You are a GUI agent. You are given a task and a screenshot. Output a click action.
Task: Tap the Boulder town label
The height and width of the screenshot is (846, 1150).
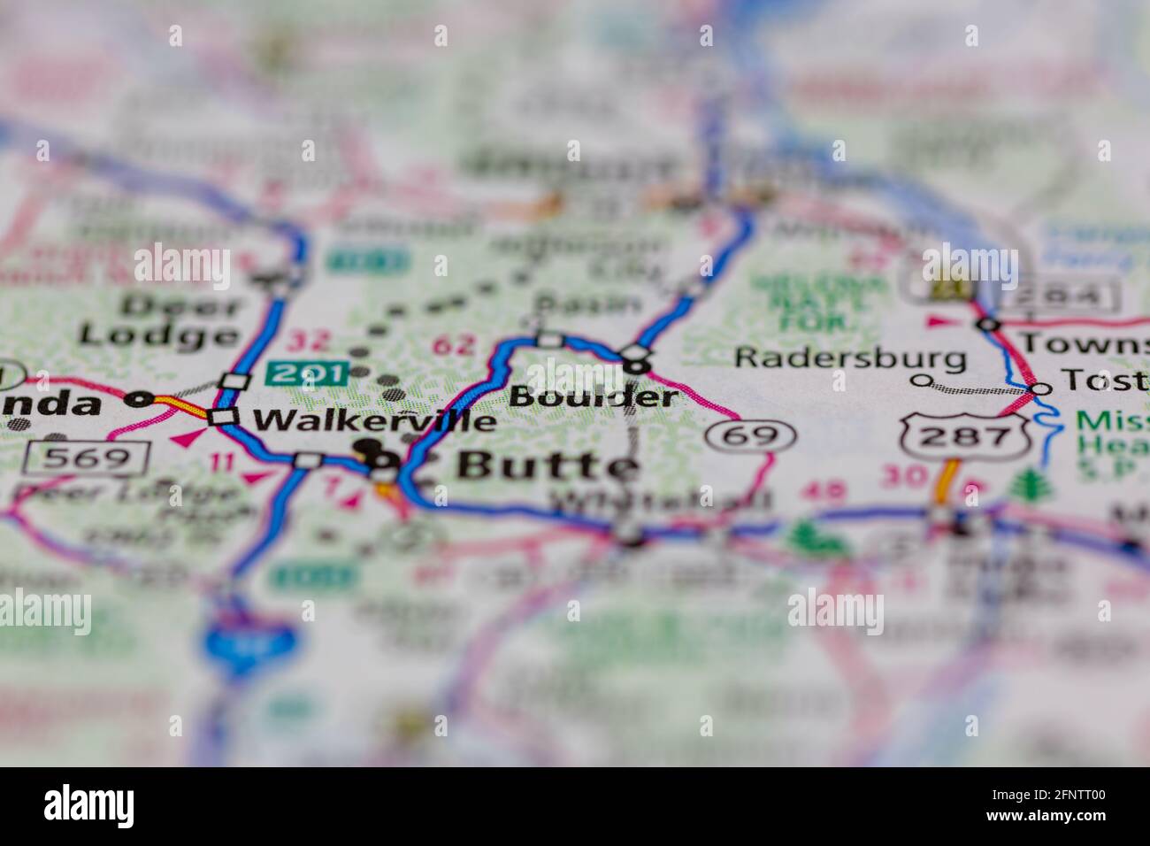coord(593,396)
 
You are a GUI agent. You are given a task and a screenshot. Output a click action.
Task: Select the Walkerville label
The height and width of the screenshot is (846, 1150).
coord(375,420)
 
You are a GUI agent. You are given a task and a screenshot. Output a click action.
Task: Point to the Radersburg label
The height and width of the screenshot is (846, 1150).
coord(850,358)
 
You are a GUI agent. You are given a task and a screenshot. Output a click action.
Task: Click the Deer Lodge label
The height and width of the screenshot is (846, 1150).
coord(159,320)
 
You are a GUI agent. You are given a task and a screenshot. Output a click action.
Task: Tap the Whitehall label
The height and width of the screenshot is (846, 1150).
coord(661,501)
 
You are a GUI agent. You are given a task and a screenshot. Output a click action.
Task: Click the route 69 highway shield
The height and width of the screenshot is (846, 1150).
coord(751,435)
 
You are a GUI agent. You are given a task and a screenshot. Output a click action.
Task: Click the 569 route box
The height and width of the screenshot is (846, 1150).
coord(86,457)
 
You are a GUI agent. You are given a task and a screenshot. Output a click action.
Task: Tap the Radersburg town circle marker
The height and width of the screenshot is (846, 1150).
coord(922,381)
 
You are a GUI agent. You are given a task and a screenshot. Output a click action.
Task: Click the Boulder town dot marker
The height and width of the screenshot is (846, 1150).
coord(637,364)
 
